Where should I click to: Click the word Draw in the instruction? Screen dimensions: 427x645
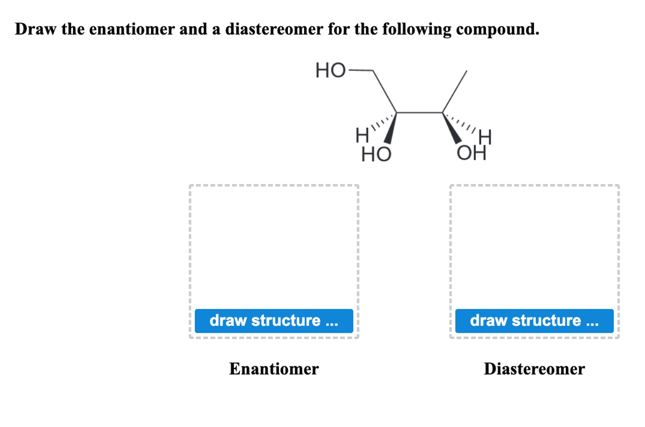coord(35,29)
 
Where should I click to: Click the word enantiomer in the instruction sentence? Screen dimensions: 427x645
coord(132,29)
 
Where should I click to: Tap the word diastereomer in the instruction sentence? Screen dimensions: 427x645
coord(274,29)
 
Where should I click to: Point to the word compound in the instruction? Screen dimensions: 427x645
coord(497,29)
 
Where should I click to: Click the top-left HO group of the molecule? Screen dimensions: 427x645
coord(330,70)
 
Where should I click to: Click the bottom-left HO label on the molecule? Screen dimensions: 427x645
coord(376,154)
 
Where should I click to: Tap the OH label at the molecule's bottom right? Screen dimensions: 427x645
coord(471,153)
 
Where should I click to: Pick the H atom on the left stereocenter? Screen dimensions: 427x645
coord(362,135)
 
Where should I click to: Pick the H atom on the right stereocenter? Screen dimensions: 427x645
coord(485,137)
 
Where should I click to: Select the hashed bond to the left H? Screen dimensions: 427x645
coord(383,122)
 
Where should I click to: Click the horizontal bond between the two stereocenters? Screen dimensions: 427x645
coord(419,113)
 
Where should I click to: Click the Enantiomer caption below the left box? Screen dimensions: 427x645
coord(274,369)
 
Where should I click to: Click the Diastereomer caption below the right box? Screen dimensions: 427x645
coord(534,369)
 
